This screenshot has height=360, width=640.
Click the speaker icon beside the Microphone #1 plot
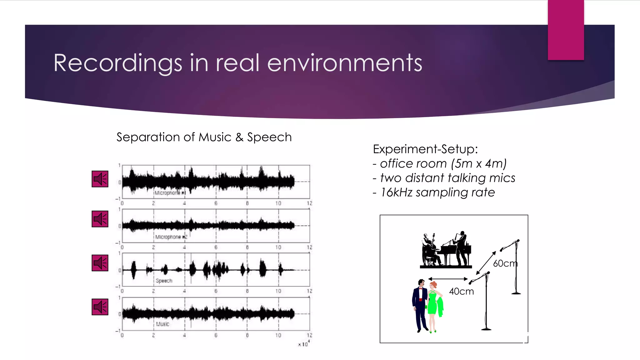click(x=100, y=179)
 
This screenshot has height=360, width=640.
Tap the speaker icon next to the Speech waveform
click(x=100, y=263)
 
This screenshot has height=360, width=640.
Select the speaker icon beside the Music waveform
click(x=100, y=307)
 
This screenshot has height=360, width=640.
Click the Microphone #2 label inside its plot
click(x=171, y=237)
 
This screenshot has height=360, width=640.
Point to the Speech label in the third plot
click(x=164, y=281)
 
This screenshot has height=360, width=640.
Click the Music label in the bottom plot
click(x=162, y=324)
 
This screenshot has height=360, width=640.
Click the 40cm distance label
click(x=461, y=292)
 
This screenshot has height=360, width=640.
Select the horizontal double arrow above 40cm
click(x=448, y=279)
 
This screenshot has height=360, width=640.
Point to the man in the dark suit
click(x=420, y=305)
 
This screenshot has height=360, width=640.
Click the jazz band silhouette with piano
click(x=446, y=251)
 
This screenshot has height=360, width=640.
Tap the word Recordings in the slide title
click(x=117, y=63)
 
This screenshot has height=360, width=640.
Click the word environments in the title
click(x=344, y=63)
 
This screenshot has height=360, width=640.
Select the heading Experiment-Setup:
click(x=425, y=149)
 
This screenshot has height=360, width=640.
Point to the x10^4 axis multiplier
click(x=303, y=344)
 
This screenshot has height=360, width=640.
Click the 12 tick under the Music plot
click(x=309, y=335)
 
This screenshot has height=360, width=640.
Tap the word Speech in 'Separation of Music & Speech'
click(x=269, y=137)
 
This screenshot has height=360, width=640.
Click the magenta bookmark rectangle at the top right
click(x=566, y=30)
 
